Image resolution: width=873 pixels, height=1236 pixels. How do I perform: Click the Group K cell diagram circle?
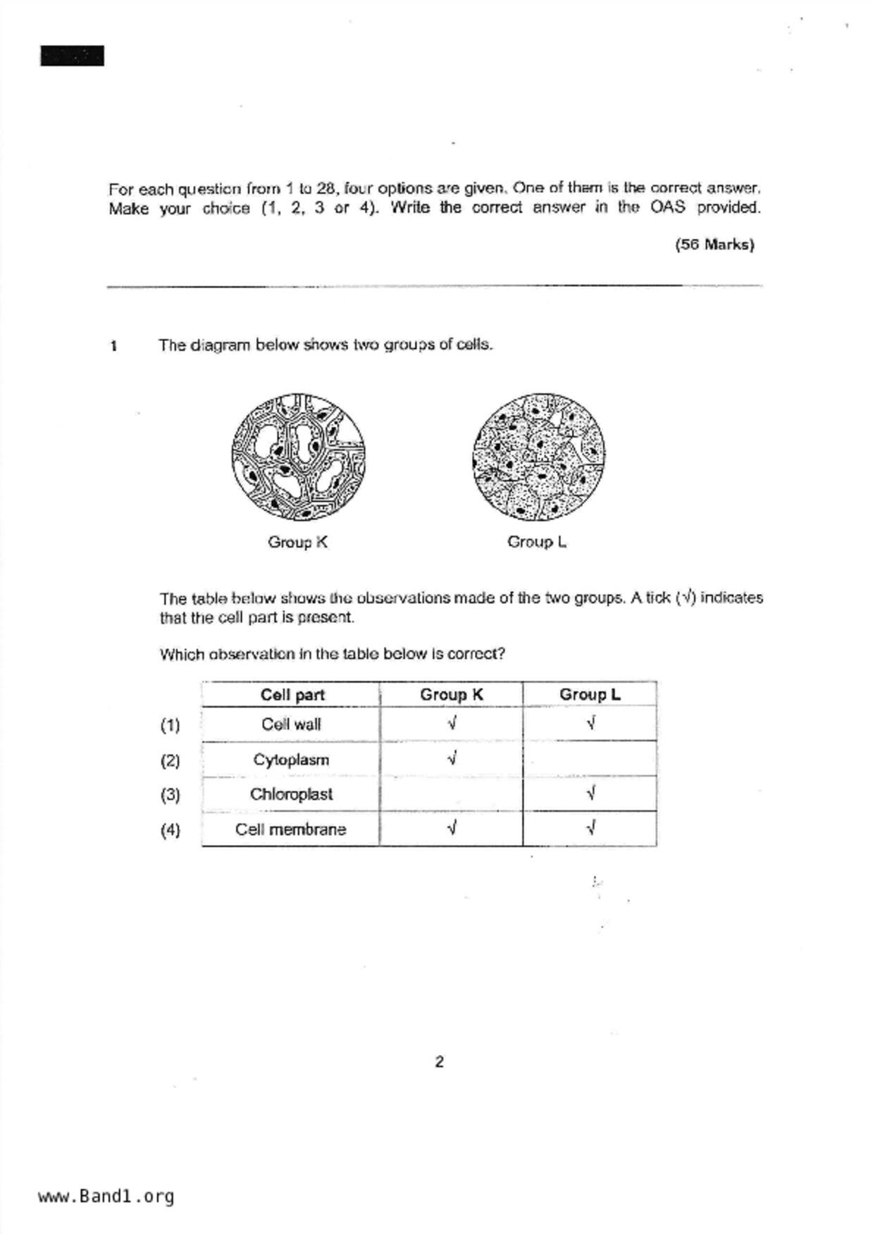(x=298, y=457)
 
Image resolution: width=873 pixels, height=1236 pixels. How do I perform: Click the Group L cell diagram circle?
(x=539, y=457)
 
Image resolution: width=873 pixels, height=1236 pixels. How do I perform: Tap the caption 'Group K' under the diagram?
(x=297, y=542)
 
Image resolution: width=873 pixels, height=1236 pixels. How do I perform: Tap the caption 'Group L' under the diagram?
(x=537, y=542)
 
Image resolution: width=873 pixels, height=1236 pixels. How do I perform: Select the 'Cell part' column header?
(x=292, y=695)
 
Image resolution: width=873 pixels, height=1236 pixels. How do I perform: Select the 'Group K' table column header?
(x=451, y=695)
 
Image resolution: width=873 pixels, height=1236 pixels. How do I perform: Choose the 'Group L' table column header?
(x=590, y=695)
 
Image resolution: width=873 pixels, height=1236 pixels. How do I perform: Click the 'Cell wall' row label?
(x=291, y=724)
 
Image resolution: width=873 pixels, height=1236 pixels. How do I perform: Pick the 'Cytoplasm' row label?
(x=291, y=760)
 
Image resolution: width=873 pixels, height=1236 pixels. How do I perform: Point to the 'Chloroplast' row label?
(x=291, y=794)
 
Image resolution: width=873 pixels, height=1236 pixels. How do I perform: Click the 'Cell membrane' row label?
(x=291, y=829)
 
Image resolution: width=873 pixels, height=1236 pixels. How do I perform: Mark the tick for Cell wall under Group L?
(x=590, y=723)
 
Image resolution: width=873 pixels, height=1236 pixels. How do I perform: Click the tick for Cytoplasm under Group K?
(x=452, y=759)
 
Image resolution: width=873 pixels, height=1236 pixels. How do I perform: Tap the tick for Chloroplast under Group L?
(x=590, y=793)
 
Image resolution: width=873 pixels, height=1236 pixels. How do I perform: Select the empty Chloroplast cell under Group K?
(x=451, y=794)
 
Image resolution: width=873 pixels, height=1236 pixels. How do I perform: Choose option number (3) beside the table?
(x=170, y=795)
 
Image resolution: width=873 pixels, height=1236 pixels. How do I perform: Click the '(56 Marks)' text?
(x=714, y=245)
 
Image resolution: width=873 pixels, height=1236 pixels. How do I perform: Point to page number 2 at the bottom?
(x=440, y=1062)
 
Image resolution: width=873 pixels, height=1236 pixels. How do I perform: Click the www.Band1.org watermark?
(x=106, y=1197)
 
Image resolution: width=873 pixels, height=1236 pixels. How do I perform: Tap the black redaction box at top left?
(x=72, y=56)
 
